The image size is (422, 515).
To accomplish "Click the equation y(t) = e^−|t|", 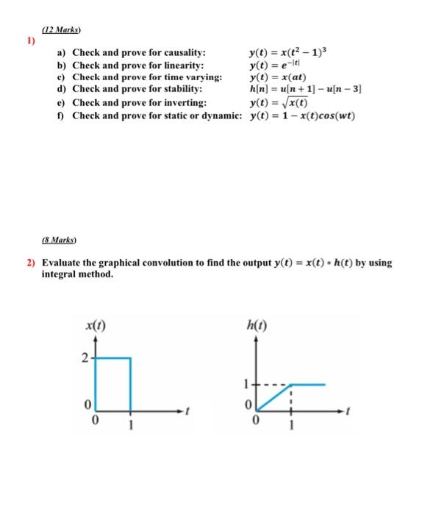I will pos(275,65).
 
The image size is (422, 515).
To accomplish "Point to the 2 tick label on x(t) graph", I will pos(86,358).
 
